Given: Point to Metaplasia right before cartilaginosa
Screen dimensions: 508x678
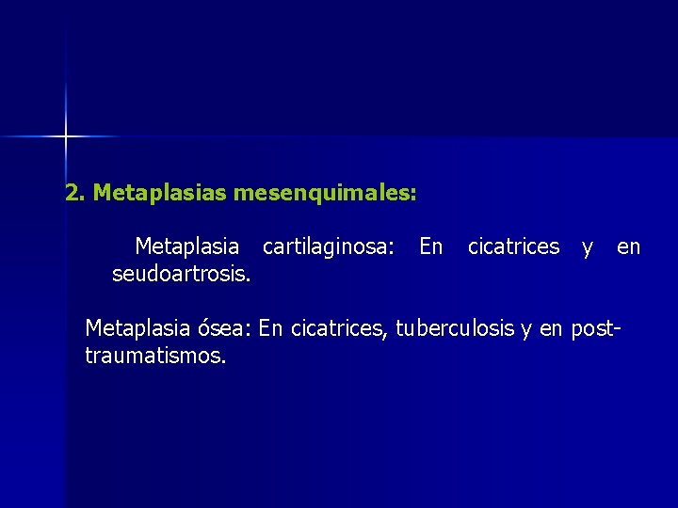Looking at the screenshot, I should point(186,246).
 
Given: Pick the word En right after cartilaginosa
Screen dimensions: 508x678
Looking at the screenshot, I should point(431,246).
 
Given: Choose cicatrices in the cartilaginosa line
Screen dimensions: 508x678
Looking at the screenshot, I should point(513,246).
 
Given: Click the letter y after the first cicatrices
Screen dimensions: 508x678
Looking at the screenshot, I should point(588,247).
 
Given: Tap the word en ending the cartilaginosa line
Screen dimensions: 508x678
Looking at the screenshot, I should point(628,247).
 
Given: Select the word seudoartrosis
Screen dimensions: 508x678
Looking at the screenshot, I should point(181,274).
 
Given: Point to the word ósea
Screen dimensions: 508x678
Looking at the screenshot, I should point(224,328).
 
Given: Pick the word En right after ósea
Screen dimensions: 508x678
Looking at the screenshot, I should point(271,328).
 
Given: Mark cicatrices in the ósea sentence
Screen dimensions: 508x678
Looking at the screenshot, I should point(336,328).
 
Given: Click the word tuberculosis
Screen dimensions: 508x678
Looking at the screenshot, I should point(455,328).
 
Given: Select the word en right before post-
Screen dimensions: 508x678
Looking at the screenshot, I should point(552,329).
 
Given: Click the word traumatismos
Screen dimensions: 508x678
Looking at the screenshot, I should point(155,357).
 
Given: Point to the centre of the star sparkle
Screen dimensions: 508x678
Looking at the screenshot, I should point(66,137).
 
